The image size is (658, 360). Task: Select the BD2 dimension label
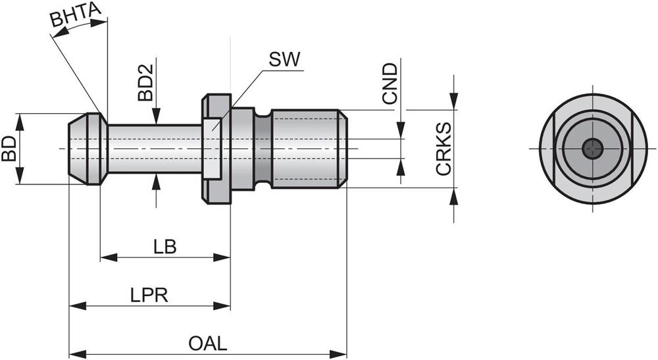pos(145,83)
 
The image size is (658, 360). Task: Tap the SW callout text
pos(284,60)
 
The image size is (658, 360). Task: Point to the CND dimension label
pos(390,83)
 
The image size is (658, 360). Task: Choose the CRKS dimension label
pos(443,148)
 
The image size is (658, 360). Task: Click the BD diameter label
pos(9,148)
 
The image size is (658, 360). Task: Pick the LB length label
pos(164,247)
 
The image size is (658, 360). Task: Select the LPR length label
pos(150,295)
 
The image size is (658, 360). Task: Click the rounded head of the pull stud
pos(87,148)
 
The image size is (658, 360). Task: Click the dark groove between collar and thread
pos(263,148)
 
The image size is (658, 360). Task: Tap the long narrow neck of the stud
pos(155,148)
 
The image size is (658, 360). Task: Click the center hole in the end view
pos(594,148)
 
